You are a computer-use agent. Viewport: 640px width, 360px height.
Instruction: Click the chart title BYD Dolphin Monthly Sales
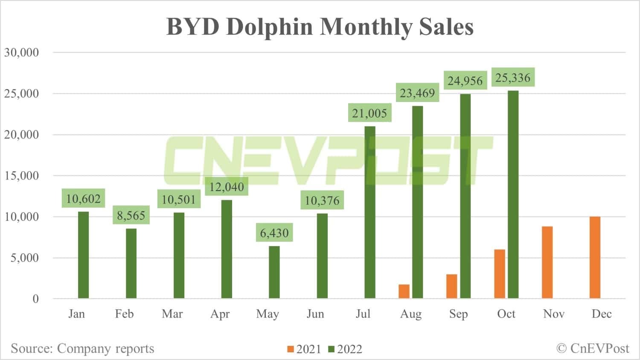click(320, 26)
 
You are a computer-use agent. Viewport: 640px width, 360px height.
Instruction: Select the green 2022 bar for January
click(84, 255)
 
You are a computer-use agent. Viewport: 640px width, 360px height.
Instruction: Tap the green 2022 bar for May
click(274, 272)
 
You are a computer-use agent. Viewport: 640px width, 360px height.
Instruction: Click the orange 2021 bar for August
click(404, 291)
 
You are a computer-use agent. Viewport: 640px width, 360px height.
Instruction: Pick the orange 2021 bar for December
click(595, 258)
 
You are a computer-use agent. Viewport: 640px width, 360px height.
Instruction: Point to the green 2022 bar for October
click(513, 195)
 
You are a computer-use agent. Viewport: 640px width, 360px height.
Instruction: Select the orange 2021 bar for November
click(547, 262)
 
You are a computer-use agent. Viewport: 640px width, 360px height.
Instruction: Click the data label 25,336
click(513, 78)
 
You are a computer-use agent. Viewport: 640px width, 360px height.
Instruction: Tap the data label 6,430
click(274, 233)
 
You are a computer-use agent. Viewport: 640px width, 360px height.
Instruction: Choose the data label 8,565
click(131, 215)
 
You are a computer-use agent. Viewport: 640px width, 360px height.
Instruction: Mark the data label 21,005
click(369, 113)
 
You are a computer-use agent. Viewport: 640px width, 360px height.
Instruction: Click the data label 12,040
click(227, 187)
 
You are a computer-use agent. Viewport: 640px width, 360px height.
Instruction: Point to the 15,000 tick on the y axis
click(21, 176)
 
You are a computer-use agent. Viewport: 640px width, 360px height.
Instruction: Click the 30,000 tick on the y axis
click(21, 52)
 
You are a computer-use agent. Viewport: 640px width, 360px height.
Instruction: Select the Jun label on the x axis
click(315, 314)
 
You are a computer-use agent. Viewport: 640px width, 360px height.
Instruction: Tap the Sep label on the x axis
click(458, 314)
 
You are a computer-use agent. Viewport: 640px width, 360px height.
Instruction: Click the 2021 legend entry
click(304, 349)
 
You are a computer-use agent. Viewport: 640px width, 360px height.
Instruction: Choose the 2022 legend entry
click(345, 349)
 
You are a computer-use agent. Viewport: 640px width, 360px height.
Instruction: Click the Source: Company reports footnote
click(82, 348)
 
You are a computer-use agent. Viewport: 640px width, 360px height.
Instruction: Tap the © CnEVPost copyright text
click(593, 348)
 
